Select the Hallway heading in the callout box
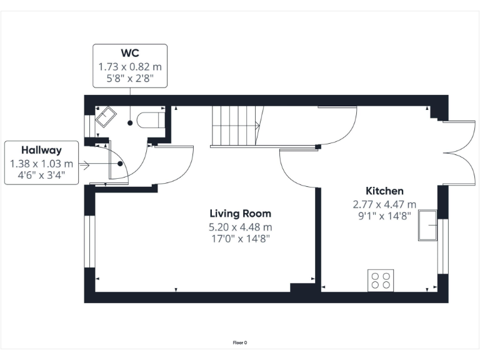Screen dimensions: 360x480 (x=41, y=150)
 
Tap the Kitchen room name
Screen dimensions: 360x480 (x=384, y=191)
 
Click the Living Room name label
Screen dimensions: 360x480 (x=241, y=214)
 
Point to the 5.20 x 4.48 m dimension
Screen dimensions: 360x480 (x=241, y=226)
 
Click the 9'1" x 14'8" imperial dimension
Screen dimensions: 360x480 (x=384, y=216)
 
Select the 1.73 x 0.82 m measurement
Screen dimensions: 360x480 (x=130, y=66)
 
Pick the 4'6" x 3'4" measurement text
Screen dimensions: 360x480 (x=41, y=176)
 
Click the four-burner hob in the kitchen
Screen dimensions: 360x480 (x=380, y=279)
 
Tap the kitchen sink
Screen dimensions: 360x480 (x=429, y=226)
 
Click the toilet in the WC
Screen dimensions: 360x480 (x=150, y=119)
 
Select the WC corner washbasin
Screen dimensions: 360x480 (x=105, y=117)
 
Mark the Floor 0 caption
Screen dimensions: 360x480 (x=240, y=342)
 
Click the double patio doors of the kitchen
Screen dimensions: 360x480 (x=456, y=152)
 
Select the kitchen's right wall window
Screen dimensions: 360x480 (x=443, y=246)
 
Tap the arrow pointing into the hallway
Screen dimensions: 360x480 (x=84, y=165)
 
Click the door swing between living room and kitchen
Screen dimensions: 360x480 (x=297, y=168)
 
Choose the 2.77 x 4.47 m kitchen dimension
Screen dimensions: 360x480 (x=384, y=204)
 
